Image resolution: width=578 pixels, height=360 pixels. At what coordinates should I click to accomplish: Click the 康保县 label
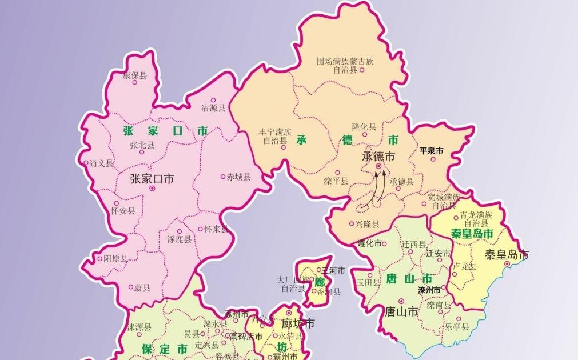pyautogui.click(x=135, y=75)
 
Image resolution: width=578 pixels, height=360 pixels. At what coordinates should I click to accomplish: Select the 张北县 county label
pyautogui.click(x=142, y=145)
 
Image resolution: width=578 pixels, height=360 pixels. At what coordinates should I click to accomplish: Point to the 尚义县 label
pyautogui.click(x=101, y=163)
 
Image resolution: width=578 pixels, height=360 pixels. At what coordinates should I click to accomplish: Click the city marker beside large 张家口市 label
pyautogui.click(x=152, y=189)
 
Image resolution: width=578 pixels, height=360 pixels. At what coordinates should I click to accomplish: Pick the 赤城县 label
pyautogui.click(x=238, y=177)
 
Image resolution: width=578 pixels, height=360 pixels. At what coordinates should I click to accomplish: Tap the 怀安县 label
pyautogui.click(x=123, y=211)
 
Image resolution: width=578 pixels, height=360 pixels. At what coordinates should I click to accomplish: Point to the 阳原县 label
pyautogui.click(x=115, y=258)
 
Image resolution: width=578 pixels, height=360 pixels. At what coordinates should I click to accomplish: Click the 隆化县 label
pyautogui.click(x=364, y=127)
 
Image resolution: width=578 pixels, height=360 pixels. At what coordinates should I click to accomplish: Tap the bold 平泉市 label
pyautogui.click(x=432, y=151)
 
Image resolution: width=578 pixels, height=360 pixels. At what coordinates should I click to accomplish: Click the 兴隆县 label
pyautogui.click(x=367, y=225)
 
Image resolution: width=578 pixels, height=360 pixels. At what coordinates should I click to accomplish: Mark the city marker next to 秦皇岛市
pyautogui.click(x=507, y=264)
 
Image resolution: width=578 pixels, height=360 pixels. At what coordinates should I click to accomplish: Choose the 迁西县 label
pyautogui.click(x=413, y=245)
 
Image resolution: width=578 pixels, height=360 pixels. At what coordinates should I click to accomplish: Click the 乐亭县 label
pyautogui.click(x=457, y=327)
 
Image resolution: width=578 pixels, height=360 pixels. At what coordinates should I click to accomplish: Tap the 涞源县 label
pyautogui.click(x=139, y=327)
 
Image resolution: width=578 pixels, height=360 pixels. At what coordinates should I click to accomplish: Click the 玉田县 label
pyautogui.click(x=368, y=283)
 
